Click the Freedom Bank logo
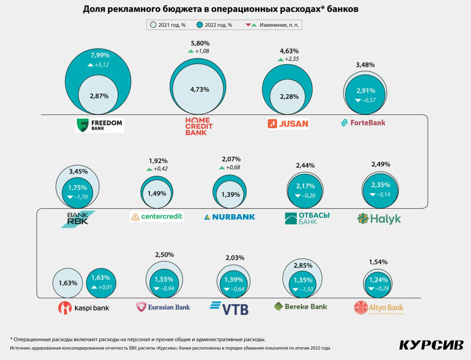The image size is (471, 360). point(100,126)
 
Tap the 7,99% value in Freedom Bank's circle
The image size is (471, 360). point(100,55)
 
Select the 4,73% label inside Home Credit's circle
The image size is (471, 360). point(200,90)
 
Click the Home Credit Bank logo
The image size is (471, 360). point(199,126)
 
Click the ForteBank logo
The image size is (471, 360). point(363,123)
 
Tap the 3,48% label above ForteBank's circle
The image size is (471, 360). point(365,65)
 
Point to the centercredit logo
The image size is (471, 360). point(156,216)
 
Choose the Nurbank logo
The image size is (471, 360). point(230,217)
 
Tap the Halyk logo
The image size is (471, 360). point(379,219)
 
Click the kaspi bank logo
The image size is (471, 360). point(84,307)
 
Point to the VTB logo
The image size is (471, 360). point(229,308)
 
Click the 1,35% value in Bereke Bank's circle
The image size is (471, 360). point(303,280)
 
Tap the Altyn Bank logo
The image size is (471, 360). point(379,307)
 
